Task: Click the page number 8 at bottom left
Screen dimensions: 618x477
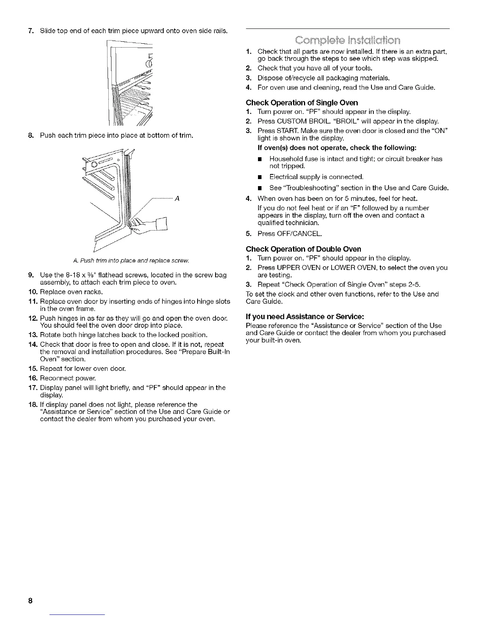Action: [x=30, y=600]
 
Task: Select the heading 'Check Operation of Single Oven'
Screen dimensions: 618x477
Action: [x=302, y=103]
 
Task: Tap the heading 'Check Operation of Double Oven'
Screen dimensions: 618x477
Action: [x=303, y=249]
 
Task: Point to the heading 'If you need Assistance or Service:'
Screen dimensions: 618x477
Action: [x=305, y=316]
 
